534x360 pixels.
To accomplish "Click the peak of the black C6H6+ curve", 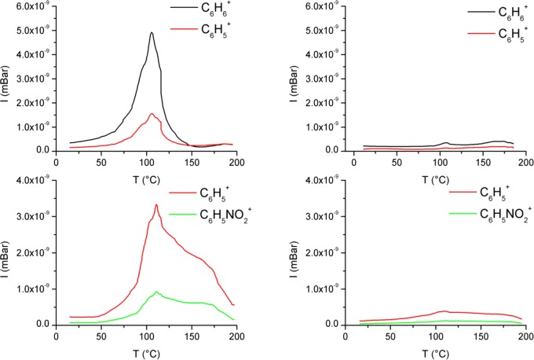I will pos(151,33).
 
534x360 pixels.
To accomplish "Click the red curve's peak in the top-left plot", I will pos(152,114).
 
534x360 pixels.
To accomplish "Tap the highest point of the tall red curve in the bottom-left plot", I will pos(156,205).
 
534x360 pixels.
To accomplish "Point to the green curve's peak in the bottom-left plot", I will pos(156,292).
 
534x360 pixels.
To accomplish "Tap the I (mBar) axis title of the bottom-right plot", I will pos(298,252).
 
